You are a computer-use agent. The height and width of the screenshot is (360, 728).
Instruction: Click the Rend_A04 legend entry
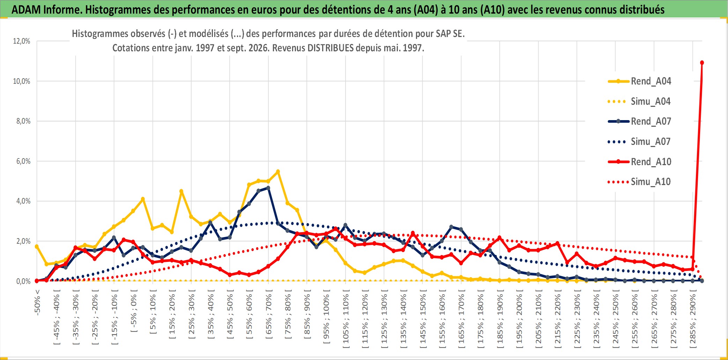(x=639, y=81)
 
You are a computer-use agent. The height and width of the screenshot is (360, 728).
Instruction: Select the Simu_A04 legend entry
(x=639, y=102)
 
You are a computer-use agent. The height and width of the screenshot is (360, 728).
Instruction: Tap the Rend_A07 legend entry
(x=639, y=122)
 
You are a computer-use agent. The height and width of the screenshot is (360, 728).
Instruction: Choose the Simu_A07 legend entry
(x=639, y=142)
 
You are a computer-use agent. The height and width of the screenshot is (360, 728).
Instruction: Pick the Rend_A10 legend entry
(x=639, y=162)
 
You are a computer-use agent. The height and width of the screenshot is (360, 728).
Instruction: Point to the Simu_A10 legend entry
(x=639, y=182)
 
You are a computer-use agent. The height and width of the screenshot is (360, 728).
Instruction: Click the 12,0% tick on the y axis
(x=22, y=41)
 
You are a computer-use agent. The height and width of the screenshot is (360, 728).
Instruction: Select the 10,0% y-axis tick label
(x=22, y=81)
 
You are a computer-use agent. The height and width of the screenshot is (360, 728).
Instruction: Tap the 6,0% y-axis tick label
(x=23, y=161)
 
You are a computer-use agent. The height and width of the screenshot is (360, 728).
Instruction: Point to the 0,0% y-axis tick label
(x=23, y=281)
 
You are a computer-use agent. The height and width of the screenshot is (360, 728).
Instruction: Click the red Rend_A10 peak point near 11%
(x=702, y=63)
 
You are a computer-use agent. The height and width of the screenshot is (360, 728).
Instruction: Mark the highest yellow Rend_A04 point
(x=278, y=172)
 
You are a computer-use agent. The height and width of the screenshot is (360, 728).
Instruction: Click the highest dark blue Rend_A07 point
(x=268, y=188)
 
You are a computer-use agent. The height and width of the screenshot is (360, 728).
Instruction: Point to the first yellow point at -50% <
(x=37, y=247)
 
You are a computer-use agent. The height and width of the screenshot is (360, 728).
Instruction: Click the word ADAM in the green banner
(x=26, y=10)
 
